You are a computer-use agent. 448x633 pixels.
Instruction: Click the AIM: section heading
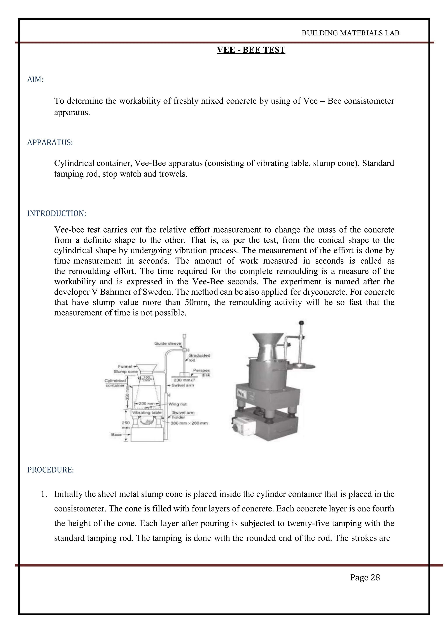point(35,80)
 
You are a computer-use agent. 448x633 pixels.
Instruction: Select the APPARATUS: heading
point(50,143)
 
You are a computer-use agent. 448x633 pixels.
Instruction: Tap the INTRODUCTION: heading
point(57,213)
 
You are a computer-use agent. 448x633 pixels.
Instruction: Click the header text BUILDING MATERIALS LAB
point(350,33)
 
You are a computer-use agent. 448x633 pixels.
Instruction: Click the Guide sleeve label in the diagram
point(167,343)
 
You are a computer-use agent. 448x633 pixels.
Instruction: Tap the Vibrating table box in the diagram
point(147,413)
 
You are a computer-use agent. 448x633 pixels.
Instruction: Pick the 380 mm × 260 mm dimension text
point(189,423)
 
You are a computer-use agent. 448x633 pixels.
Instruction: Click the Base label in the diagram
point(116,435)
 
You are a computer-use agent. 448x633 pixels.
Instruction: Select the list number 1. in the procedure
point(44,494)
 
